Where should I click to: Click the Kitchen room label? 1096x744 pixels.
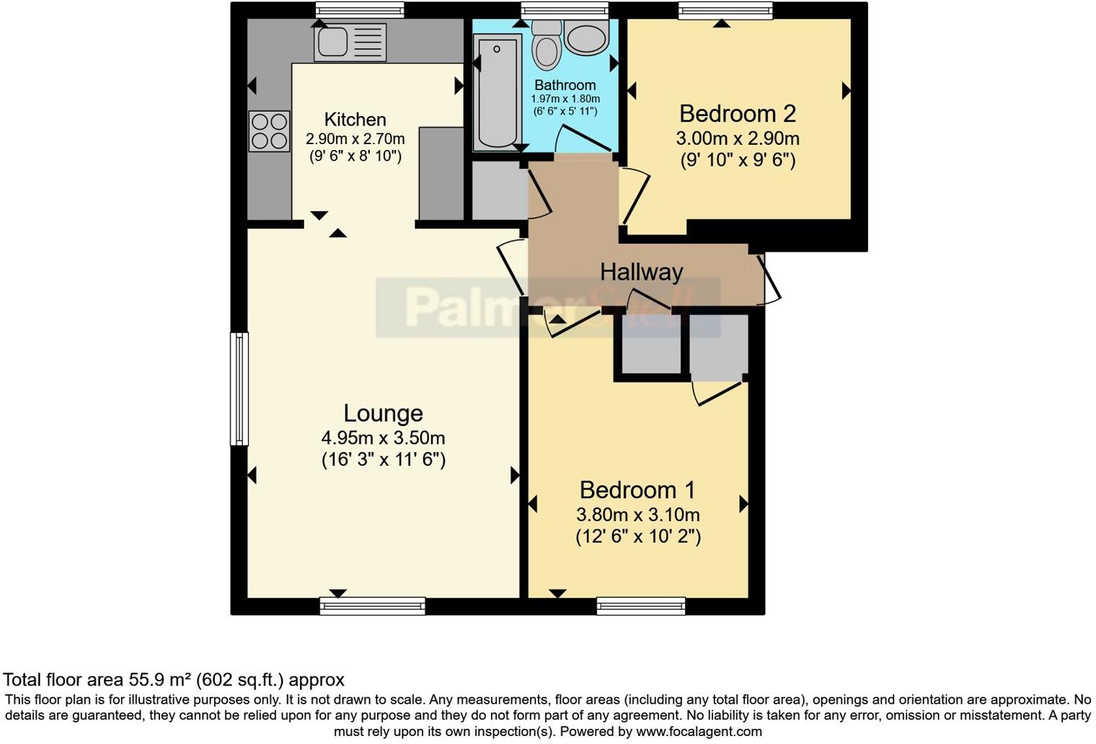[355, 120]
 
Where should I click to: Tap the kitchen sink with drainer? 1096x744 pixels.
[350, 42]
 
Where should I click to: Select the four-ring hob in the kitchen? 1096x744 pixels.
[269, 131]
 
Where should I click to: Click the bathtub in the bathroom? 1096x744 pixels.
[497, 92]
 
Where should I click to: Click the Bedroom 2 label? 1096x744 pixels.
[737, 114]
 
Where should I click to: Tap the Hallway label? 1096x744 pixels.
[641, 272]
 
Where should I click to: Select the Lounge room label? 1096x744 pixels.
[383, 413]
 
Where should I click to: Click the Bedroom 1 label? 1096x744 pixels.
[637, 490]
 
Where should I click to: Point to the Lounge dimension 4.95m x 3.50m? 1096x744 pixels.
[383, 438]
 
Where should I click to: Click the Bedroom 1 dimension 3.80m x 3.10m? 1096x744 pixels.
[637, 515]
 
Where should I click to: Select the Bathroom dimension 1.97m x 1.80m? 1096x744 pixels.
[565, 99]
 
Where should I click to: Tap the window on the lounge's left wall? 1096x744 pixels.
[239, 389]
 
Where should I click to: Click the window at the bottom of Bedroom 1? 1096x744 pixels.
[640, 606]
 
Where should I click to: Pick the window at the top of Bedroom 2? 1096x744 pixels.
[725, 10]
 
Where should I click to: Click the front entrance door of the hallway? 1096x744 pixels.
[771, 278]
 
